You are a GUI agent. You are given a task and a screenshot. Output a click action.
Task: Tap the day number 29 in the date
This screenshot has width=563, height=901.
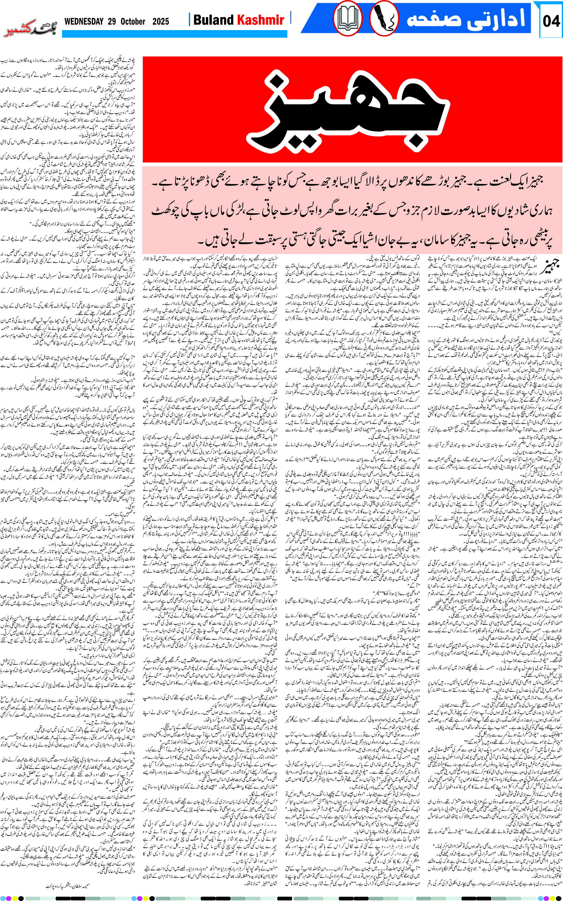112,22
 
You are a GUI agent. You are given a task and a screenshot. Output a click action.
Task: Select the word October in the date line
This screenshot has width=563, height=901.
133,22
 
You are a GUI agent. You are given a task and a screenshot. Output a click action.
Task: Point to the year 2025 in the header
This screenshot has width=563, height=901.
161,22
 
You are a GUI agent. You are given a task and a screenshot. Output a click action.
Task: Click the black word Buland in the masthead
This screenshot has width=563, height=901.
213,20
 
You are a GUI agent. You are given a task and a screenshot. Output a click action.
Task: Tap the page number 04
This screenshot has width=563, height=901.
551,21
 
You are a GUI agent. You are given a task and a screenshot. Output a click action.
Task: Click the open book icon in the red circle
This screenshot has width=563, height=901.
347,19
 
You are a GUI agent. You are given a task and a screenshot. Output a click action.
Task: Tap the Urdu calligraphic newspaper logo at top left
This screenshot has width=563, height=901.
30,32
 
